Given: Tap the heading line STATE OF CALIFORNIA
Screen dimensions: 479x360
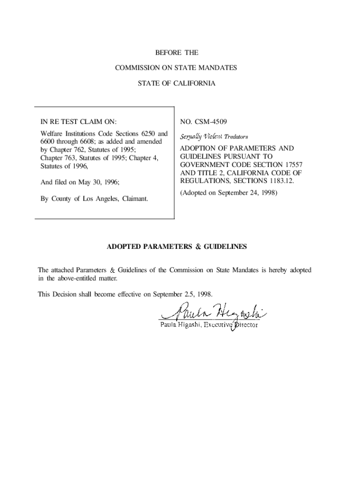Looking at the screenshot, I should coord(176,83).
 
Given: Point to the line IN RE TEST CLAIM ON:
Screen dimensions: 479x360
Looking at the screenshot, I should coord(79,122).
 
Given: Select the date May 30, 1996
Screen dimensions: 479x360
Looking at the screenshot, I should coord(102,182).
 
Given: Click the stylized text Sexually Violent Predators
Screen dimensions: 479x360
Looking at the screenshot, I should coord(214,137).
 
